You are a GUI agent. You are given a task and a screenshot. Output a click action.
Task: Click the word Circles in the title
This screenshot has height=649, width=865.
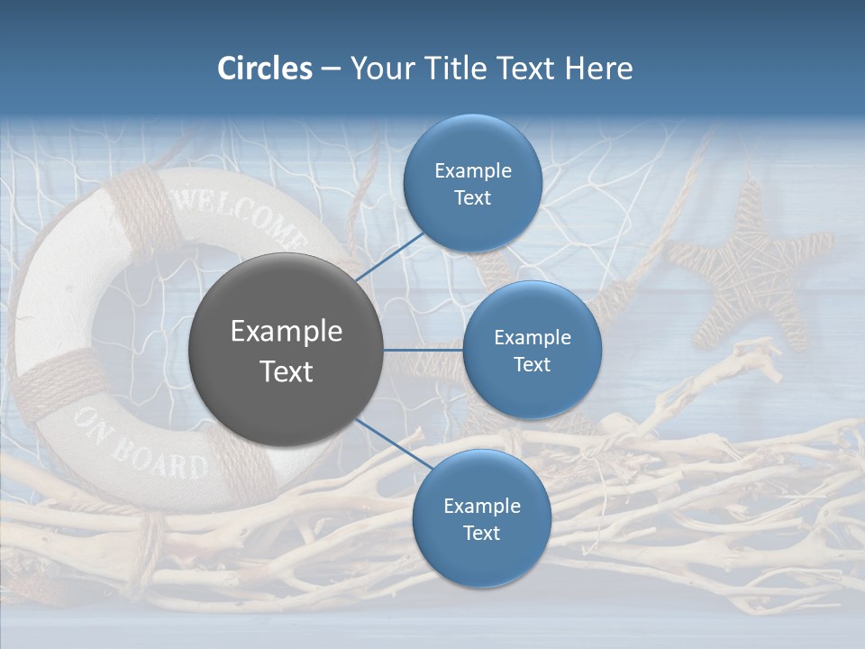264,69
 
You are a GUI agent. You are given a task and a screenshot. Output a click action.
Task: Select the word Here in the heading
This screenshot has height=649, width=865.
598,69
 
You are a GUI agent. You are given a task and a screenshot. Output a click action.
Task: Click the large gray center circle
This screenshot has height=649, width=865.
286,350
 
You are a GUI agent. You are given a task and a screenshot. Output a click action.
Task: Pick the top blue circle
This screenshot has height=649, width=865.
472,184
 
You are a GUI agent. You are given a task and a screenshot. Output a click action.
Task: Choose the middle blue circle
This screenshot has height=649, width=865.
532,350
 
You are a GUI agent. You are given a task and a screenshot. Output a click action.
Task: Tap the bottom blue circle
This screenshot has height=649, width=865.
481,518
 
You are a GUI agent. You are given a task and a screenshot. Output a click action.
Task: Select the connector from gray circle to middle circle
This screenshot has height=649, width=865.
423,350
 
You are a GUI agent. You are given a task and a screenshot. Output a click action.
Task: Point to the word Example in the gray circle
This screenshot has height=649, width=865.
286,331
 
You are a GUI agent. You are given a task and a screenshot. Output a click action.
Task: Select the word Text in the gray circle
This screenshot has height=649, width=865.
286,371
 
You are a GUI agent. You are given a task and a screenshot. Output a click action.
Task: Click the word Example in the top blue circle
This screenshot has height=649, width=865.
472,170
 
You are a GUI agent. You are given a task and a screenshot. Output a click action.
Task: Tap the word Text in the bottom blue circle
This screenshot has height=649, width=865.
481,533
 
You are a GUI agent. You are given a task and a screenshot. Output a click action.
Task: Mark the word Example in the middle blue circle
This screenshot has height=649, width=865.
532,337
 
